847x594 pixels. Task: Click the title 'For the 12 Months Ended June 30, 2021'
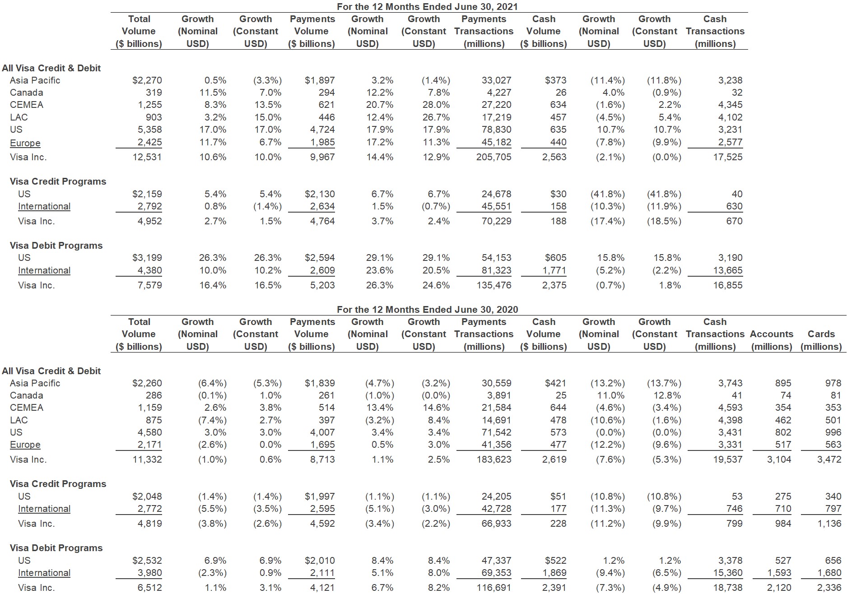(427, 7)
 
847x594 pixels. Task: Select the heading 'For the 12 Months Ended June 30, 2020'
(427, 310)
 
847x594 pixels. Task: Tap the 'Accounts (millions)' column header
(772, 340)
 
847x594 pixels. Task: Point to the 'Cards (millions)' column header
(821, 340)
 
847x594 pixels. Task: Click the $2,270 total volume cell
(147, 80)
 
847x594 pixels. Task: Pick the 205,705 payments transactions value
(494, 157)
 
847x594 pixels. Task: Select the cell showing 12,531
(147, 157)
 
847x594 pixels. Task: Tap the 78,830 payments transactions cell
(497, 130)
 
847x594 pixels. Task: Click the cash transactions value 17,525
(728, 157)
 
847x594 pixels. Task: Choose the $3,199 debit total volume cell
(147, 258)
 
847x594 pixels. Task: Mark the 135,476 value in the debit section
(494, 285)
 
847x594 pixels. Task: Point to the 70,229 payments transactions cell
(497, 221)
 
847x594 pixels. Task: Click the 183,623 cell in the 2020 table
(494, 459)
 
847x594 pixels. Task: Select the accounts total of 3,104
(779, 459)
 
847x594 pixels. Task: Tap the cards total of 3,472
(829, 459)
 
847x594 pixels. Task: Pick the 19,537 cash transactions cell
(728, 459)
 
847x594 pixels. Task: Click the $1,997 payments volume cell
(320, 497)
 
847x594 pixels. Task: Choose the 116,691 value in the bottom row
(494, 588)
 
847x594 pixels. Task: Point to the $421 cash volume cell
(555, 383)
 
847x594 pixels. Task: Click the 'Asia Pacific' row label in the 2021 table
(35, 80)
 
